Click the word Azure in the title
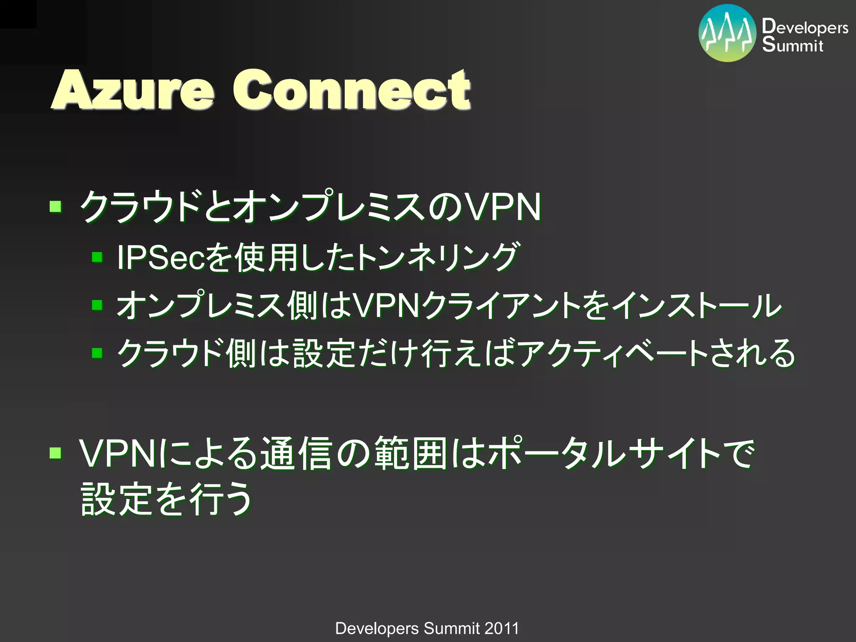[x=133, y=90]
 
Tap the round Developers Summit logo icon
[x=727, y=33]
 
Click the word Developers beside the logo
[x=805, y=27]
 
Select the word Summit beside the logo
[x=792, y=44]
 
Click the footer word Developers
[x=377, y=628]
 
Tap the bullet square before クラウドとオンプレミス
[x=55, y=206]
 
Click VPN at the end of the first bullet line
[x=503, y=206]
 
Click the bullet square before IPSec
[x=97, y=257]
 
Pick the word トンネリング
[x=437, y=257]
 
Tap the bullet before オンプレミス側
[x=97, y=305]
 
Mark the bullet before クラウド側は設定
[x=97, y=353]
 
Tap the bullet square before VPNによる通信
[x=55, y=453]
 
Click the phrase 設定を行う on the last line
[x=166, y=499]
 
